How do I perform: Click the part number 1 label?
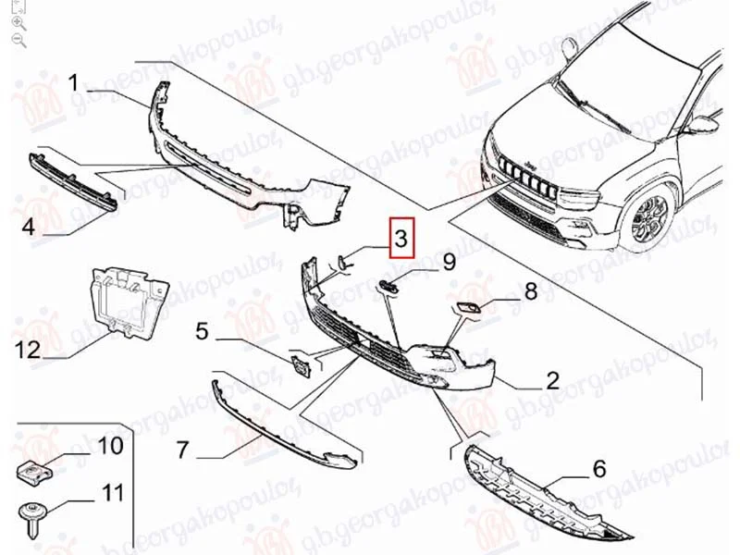point(73,83)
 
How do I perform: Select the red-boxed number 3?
point(401,238)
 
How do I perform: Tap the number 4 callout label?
point(29,227)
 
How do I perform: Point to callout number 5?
point(202,331)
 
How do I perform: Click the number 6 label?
point(599,469)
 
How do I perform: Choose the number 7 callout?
point(182,450)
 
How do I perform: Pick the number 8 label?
point(531,291)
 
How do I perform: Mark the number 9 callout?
point(449,262)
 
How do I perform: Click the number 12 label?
point(28,351)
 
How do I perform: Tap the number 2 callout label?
point(552,380)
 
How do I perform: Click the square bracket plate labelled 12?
point(128,302)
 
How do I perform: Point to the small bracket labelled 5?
point(300,366)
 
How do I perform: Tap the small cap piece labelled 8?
point(467,309)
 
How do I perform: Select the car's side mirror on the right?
point(703,124)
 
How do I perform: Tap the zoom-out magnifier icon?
point(18,41)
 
